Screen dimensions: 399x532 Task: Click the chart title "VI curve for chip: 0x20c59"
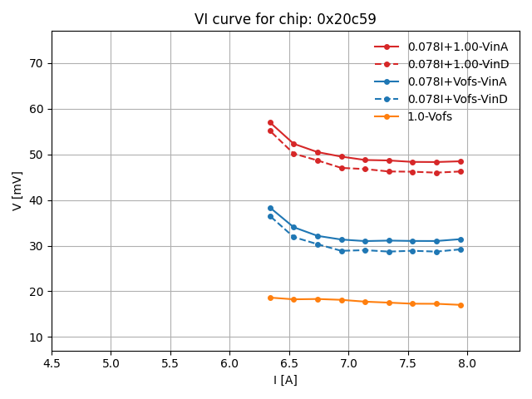(x=285, y=19)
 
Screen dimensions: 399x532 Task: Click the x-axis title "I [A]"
(x=285, y=380)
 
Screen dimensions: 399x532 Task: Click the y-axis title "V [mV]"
(x=17, y=190)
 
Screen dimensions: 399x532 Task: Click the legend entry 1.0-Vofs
(x=430, y=116)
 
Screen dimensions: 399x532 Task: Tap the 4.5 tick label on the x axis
(x=52, y=363)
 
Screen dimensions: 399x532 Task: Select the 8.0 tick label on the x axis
(x=467, y=363)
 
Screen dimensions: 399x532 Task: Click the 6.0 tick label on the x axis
(x=229, y=363)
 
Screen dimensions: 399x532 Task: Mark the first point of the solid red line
(x=270, y=122)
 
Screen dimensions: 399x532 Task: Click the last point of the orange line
(x=461, y=305)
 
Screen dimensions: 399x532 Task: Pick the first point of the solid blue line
(x=270, y=208)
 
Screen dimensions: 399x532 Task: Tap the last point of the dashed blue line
(x=461, y=249)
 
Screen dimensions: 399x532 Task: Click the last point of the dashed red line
(x=461, y=171)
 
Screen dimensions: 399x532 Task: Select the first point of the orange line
(x=270, y=298)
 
